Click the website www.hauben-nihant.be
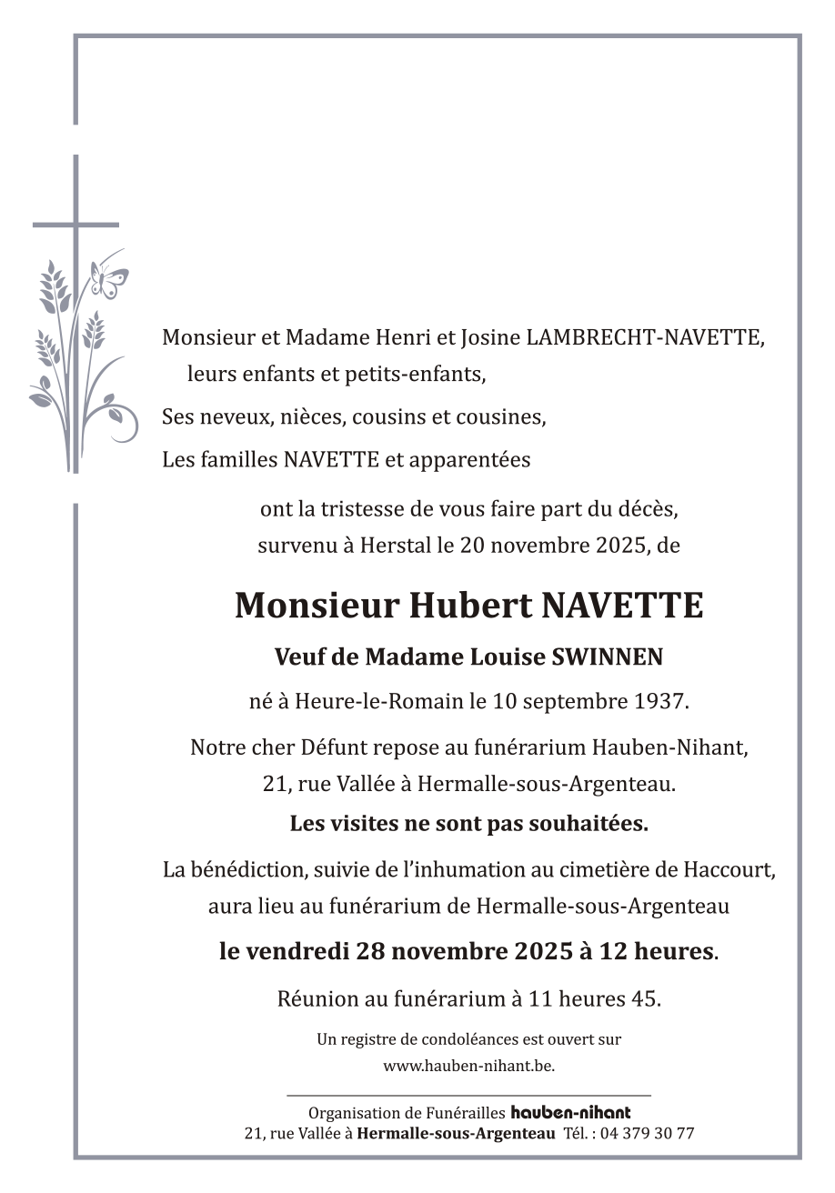pyautogui.click(x=468, y=1066)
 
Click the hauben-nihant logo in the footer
pyautogui.click(x=570, y=1112)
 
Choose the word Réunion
pyautogui.click(x=317, y=998)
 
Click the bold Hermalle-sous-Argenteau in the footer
pyautogui.click(x=456, y=1134)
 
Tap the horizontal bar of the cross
pyautogui.click(x=75, y=225)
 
